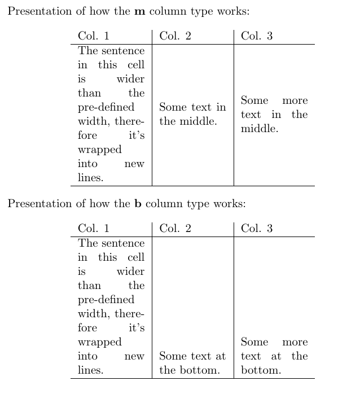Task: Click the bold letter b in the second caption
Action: click(138, 204)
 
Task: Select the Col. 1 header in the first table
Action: click(94, 36)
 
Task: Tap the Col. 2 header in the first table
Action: click(175, 36)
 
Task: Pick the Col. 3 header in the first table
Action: click(257, 36)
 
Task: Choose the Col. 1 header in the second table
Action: click(94, 229)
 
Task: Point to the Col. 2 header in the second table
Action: click(175, 229)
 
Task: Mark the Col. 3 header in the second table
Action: click(257, 229)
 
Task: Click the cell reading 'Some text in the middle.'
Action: click(192, 114)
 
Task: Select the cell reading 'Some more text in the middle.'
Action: click(274, 115)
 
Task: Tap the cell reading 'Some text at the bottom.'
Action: click(192, 363)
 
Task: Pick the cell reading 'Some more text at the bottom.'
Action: click(274, 356)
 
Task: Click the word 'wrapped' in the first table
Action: click(99, 150)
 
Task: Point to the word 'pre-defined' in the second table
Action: click(106, 300)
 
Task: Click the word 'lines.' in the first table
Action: click(91, 178)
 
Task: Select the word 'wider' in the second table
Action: click(130, 271)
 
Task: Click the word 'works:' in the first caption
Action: click(233, 12)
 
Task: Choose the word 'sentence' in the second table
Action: click(123, 243)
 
